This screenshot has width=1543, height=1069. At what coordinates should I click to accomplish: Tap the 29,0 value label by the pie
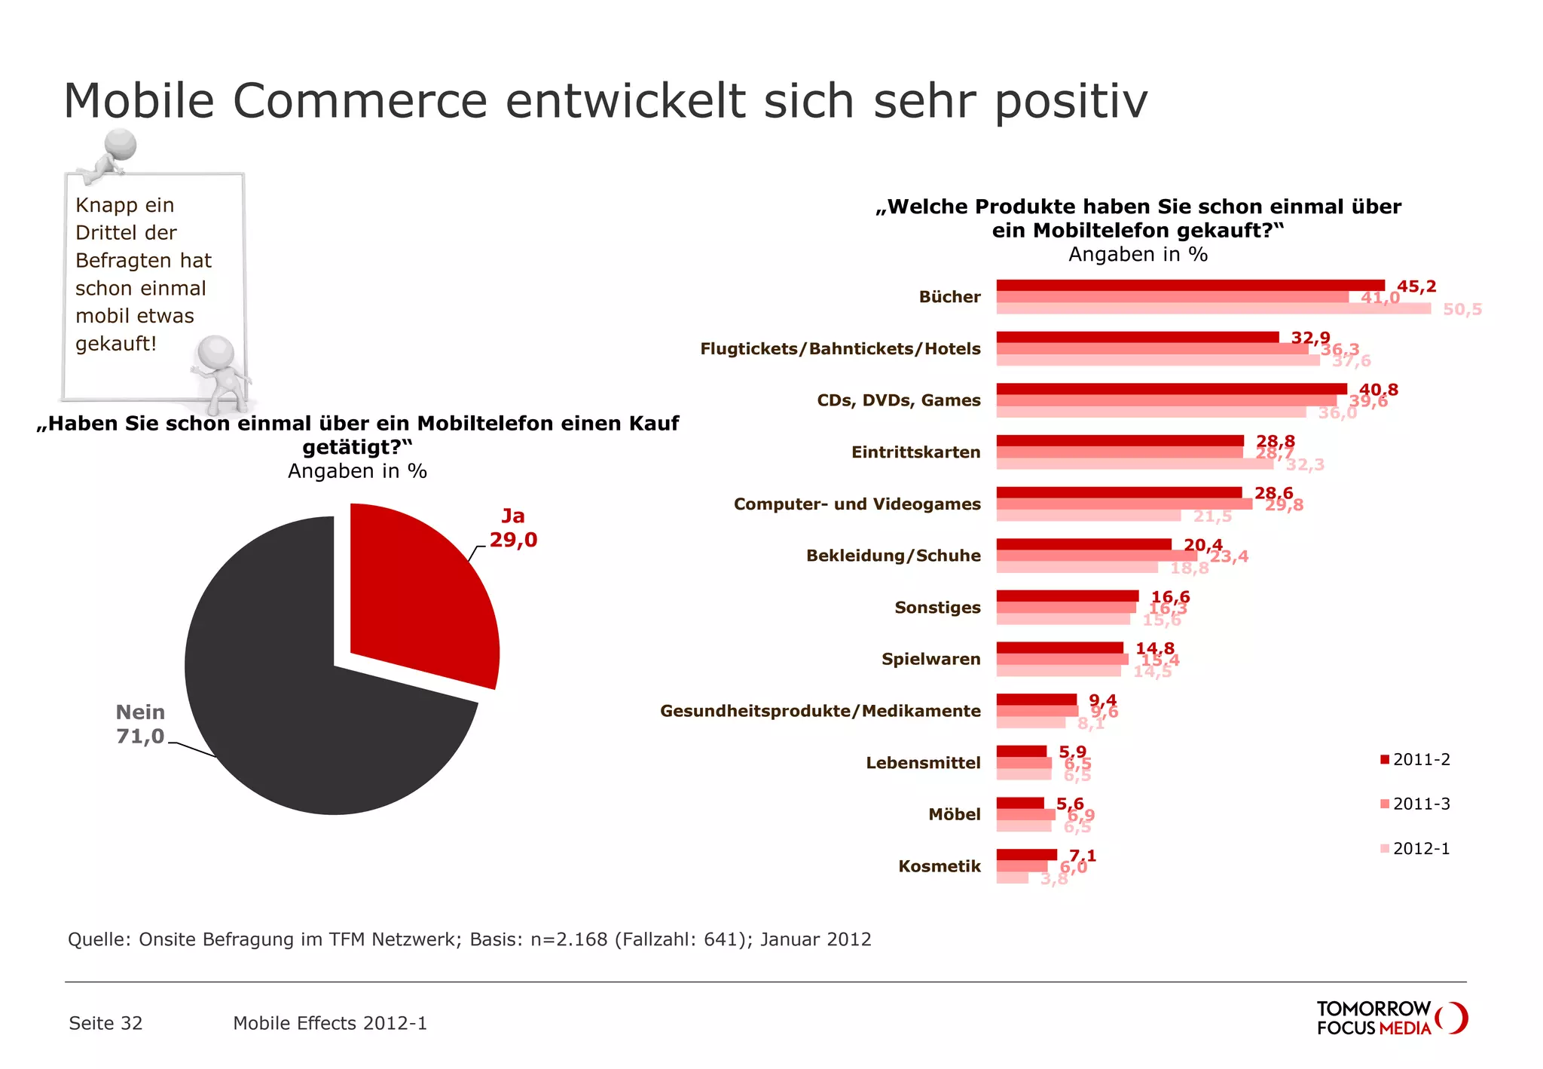pyautogui.click(x=513, y=540)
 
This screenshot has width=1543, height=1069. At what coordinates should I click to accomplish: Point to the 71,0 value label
pyautogui.click(x=140, y=737)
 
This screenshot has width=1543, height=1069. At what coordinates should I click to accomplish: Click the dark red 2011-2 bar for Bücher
pyautogui.click(x=1190, y=285)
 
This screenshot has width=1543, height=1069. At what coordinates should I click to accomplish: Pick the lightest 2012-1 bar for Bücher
pyautogui.click(x=1213, y=308)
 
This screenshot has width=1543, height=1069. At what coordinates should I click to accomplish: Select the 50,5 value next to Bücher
pyautogui.click(x=1462, y=310)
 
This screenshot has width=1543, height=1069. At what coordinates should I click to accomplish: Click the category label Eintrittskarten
pyautogui.click(x=915, y=452)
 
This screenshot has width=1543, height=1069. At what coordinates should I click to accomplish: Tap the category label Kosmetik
pyautogui.click(x=939, y=866)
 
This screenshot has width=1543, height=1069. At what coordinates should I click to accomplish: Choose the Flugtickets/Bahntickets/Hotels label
pyautogui.click(x=840, y=349)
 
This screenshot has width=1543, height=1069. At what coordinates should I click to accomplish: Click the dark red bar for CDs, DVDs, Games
pyautogui.click(x=1172, y=389)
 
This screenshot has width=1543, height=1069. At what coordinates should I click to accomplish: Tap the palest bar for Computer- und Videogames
pyautogui.click(x=1089, y=516)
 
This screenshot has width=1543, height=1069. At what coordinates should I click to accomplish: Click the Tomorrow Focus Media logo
pyautogui.click(x=1390, y=1018)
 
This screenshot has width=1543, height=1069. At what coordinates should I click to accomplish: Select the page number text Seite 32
pyautogui.click(x=105, y=1023)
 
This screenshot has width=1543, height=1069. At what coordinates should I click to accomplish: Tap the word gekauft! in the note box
pyautogui.click(x=116, y=344)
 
